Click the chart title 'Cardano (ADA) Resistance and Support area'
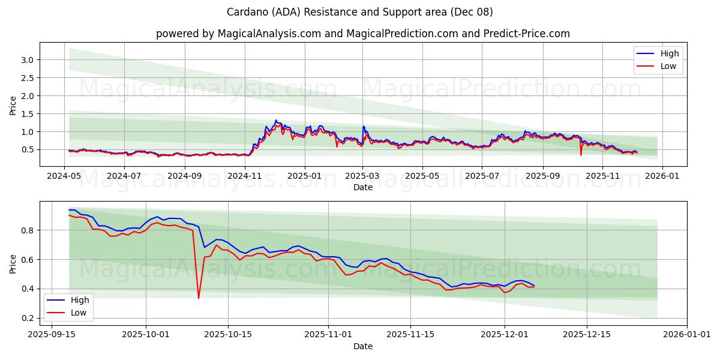pyautogui.click(x=360, y=12)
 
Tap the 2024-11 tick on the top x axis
pyautogui.click(x=245, y=176)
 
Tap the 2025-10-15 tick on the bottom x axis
pyautogui.click(x=228, y=334)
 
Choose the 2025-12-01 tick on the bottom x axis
pyautogui.click(x=504, y=334)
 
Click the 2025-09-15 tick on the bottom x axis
pyautogui.click(x=51, y=334)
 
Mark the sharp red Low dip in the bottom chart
pyautogui.click(x=199, y=298)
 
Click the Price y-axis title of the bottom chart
pyautogui.click(x=13, y=263)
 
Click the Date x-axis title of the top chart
pyautogui.click(x=362, y=187)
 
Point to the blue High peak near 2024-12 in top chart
pyautogui.click(x=276, y=121)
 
